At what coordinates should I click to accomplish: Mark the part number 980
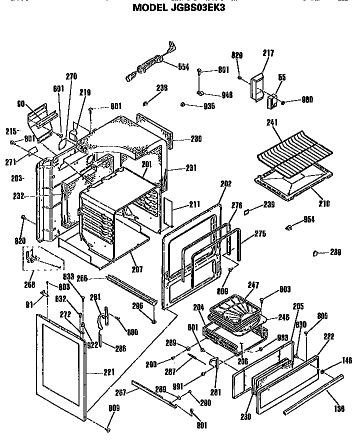(307, 99)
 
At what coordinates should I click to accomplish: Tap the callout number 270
(71, 76)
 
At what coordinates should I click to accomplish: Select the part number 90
(21, 104)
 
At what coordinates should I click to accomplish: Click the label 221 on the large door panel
(109, 372)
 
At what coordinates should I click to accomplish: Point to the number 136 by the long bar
(338, 409)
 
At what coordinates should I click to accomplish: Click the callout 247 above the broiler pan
(253, 285)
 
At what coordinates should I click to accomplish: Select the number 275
(260, 233)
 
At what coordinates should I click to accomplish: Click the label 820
(19, 241)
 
